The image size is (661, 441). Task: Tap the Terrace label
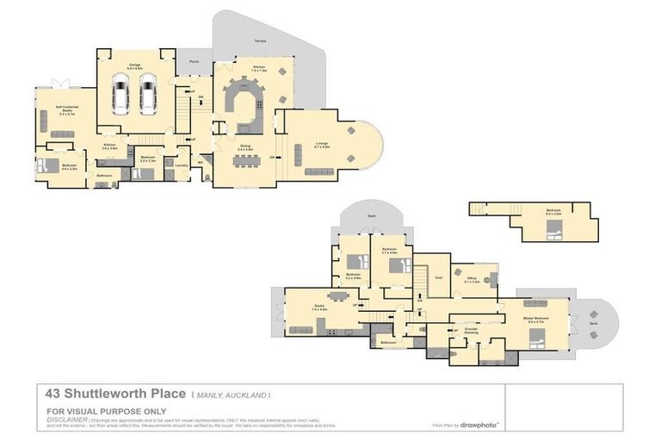[260, 40]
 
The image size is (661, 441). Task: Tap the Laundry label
[182, 165]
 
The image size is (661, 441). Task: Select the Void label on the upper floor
[438, 277]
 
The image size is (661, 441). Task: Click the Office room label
[472, 279]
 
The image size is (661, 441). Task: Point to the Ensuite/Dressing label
[471, 331]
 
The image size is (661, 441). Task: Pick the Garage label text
[135, 65]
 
